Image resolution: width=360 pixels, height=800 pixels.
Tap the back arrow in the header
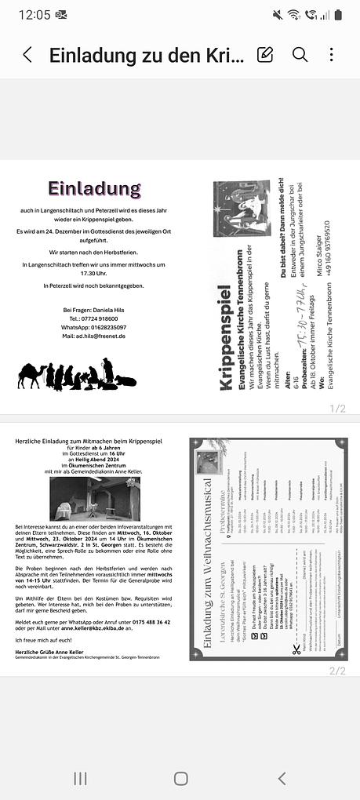pos(27,55)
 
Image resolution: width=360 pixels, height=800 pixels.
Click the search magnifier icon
pos(300,54)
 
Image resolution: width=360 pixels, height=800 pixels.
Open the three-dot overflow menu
pos(331,54)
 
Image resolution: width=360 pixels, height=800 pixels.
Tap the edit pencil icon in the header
pos(265,54)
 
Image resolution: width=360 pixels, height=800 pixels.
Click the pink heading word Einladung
pos(94,189)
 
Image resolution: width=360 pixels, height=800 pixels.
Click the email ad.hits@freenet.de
pos(94,336)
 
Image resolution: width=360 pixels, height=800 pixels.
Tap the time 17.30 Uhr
pos(94,273)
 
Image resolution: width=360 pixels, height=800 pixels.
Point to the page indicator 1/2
pos(337,408)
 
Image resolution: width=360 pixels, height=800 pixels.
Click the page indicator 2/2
pos(337,671)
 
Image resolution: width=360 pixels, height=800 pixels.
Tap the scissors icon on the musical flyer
pos(296,627)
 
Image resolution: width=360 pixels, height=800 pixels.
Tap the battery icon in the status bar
pos(338,15)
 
